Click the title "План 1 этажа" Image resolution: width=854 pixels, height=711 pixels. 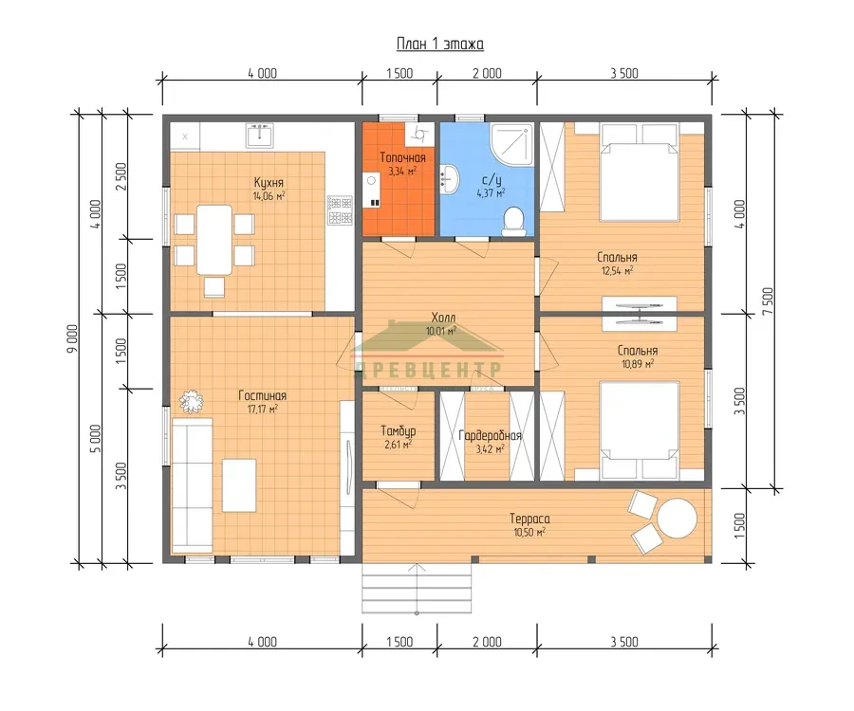click(x=439, y=44)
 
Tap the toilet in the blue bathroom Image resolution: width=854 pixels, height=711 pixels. click(x=513, y=221)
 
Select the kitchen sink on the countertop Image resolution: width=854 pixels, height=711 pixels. click(x=260, y=135)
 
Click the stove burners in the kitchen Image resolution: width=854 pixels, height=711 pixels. click(x=340, y=210)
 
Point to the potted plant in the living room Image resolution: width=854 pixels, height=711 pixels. click(x=191, y=402)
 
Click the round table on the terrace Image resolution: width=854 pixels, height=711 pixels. click(x=677, y=519)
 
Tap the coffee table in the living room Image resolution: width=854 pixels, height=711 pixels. click(x=239, y=485)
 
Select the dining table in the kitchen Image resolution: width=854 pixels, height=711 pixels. click(x=214, y=239)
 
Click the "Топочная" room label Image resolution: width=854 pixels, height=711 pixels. click(x=402, y=157)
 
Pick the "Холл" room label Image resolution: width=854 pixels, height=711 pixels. click(x=443, y=318)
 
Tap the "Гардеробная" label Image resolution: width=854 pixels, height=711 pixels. click(x=491, y=436)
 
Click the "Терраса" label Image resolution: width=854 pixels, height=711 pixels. click(x=529, y=519)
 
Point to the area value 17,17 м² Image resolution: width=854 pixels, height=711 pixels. click(x=263, y=409)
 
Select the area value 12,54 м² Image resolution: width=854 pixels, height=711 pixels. click(x=617, y=270)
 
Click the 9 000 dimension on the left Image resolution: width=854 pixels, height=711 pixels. click(x=72, y=338)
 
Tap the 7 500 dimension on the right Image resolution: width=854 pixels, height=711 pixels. click(x=768, y=301)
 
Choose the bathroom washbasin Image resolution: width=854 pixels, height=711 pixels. click(x=450, y=178)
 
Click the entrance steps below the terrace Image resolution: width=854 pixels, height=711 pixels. click(x=417, y=588)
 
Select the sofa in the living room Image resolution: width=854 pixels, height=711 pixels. click(x=192, y=485)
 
